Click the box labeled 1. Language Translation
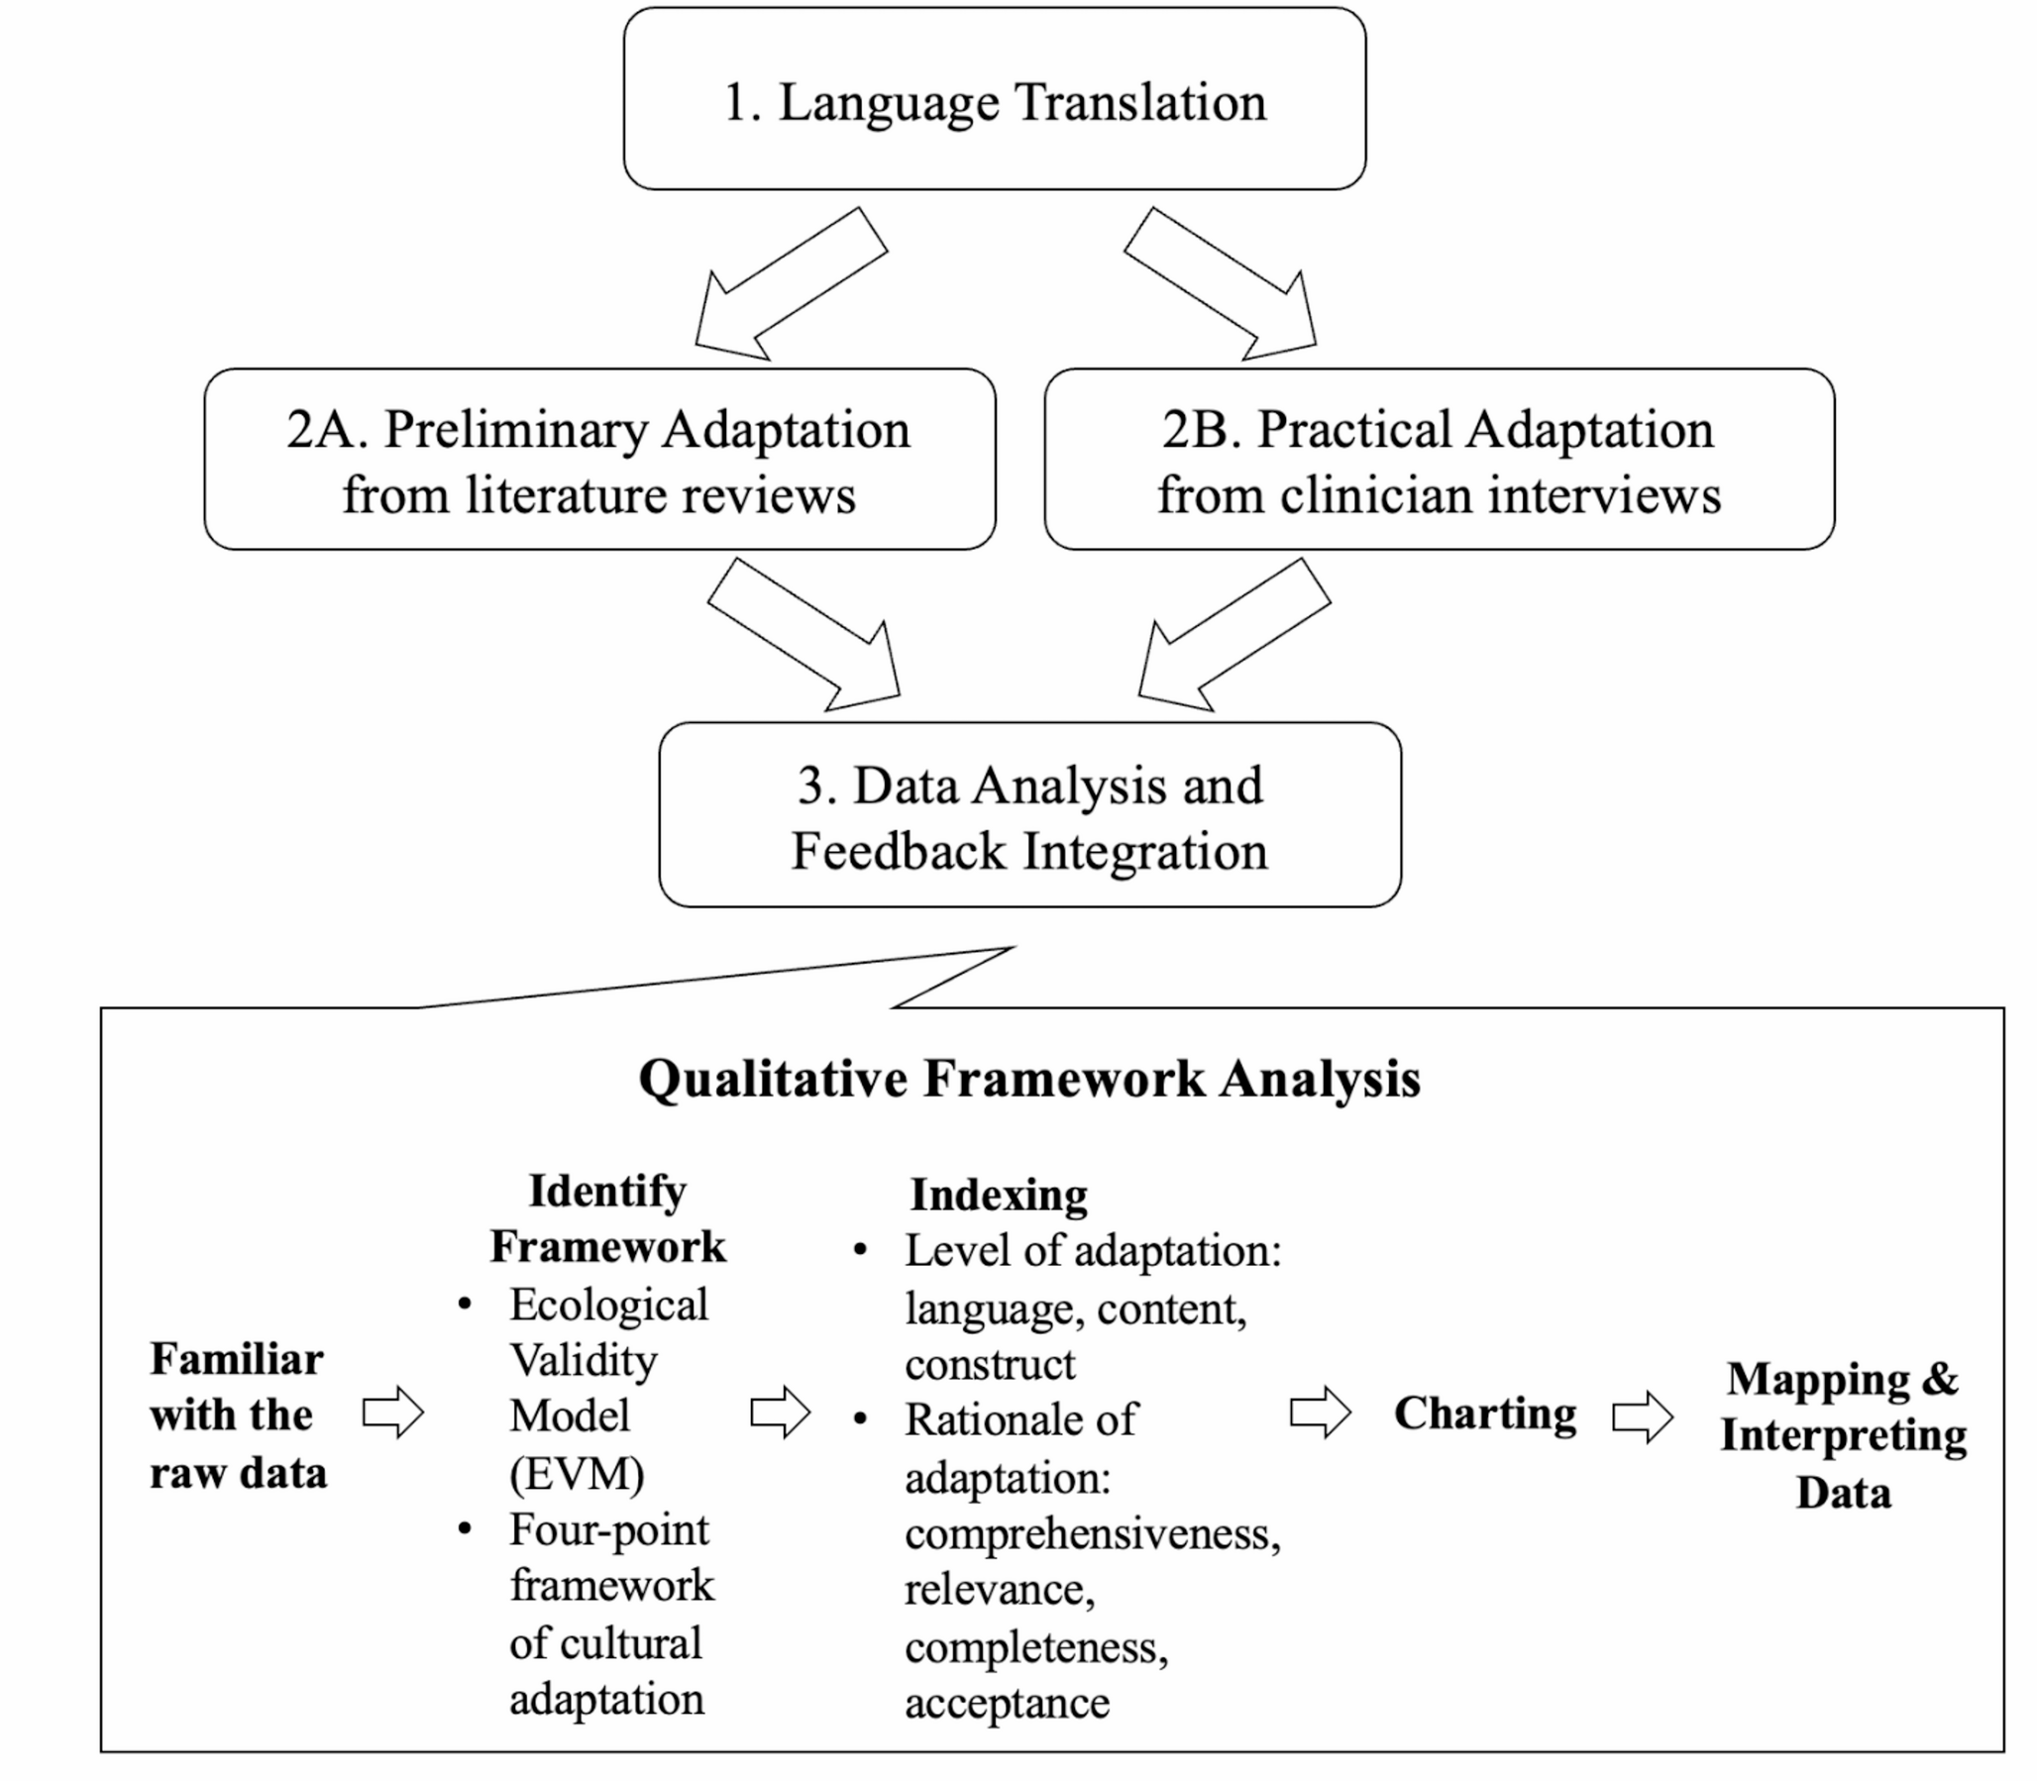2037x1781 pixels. pos(994,99)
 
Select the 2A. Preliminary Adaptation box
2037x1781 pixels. pos(599,461)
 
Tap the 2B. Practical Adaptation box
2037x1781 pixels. pos(1439,461)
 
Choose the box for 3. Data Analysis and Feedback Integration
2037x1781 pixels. pos(1030,815)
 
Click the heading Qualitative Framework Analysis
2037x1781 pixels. pos(1029,1079)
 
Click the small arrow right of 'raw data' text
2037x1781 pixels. pos(392,1413)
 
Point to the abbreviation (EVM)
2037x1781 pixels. pos(577,1473)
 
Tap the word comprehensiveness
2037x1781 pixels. pos(1092,1533)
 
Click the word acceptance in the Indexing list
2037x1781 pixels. pos(1006,1703)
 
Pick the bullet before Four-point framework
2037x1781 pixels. pos(465,1528)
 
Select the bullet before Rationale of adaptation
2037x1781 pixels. pos(860,1419)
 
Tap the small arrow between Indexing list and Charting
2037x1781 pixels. pos(1320,1413)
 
